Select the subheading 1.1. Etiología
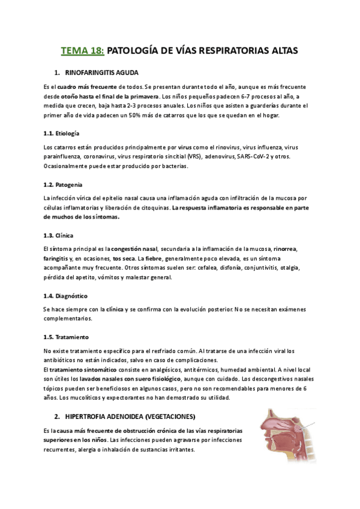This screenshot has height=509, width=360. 62,133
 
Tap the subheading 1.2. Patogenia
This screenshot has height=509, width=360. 63,184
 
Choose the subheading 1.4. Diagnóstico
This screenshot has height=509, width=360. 65,296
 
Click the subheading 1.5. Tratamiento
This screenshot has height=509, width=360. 66,337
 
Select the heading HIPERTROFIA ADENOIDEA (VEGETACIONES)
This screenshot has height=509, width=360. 128,417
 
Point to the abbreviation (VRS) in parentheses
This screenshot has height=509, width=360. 194,156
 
